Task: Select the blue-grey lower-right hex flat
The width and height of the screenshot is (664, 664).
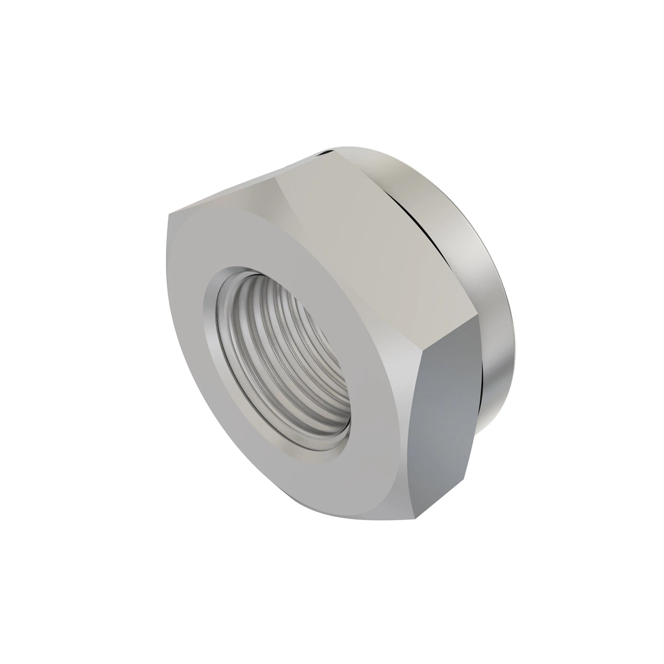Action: [448, 421]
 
